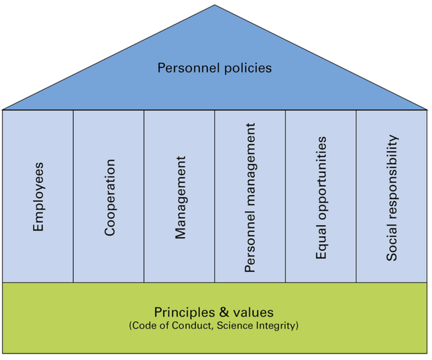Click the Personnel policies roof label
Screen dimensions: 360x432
214,68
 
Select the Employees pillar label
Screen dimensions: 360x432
39,198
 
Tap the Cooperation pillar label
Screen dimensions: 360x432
110,197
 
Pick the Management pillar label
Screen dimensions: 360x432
181,198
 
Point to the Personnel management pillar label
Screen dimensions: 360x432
251,198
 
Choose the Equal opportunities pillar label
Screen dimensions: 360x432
322,198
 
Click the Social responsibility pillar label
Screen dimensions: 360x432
392,198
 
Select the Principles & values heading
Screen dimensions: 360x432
214,311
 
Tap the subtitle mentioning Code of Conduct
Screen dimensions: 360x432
214,326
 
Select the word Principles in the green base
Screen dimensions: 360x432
183,311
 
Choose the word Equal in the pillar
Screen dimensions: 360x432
322,244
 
